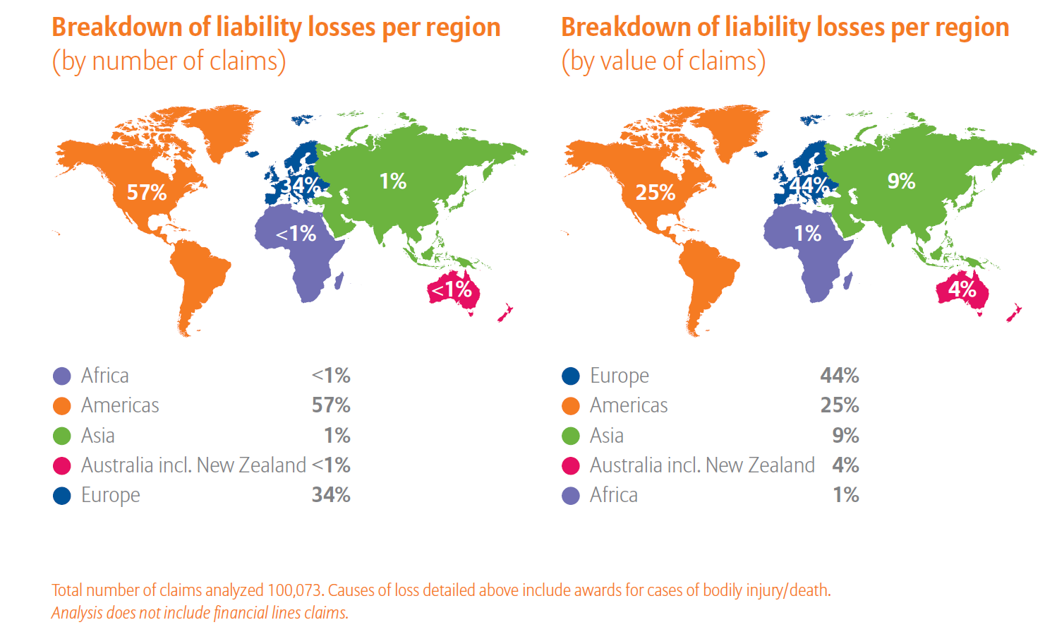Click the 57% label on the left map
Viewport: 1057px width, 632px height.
(147, 192)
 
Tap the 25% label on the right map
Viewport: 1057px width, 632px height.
(656, 192)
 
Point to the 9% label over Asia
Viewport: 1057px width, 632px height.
(901, 181)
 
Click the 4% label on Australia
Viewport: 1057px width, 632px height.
(962, 288)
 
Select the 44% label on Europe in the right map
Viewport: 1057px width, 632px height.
(809, 185)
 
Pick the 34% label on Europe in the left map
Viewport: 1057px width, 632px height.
(301, 185)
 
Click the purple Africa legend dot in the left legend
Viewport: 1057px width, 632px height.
(62, 376)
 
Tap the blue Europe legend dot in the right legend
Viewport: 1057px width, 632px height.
(571, 376)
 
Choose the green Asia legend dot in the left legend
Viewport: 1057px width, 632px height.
(62, 436)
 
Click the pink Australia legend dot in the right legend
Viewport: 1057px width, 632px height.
(571, 466)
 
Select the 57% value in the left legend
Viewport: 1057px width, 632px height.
(331, 405)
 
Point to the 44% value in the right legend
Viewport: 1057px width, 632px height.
(840, 376)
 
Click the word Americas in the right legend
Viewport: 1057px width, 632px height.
(629, 405)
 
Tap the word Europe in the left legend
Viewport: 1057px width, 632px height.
(111, 495)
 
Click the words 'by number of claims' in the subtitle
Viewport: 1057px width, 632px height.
(169, 61)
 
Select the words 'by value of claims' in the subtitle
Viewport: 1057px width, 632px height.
(664, 61)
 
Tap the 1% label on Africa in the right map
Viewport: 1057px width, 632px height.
(808, 233)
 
